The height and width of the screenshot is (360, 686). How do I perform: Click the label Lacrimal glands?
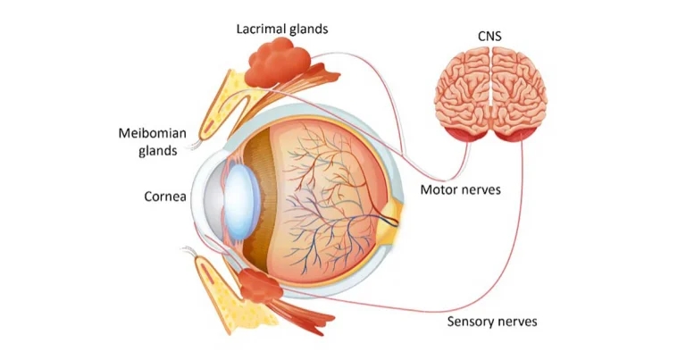[x=281, y=29]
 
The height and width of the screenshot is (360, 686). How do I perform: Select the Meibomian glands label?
[x=152, y=133]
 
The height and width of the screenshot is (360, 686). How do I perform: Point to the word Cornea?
[x=165, y=196]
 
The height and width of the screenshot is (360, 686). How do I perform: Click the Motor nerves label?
[x=460, y=189]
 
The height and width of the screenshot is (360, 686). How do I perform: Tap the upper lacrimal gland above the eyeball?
[x=279, y=63]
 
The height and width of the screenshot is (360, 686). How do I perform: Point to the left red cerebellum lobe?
[x=465, y=136]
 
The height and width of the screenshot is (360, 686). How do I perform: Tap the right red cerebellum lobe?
[x=516, y=136]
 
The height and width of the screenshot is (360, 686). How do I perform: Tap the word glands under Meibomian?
[x=157, y=150]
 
